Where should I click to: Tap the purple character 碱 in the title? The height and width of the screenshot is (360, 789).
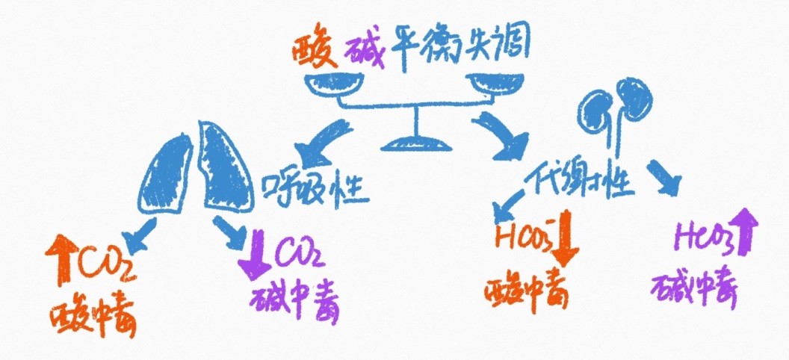click(365, 50)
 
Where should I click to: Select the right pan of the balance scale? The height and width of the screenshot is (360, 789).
click(495, 86)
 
